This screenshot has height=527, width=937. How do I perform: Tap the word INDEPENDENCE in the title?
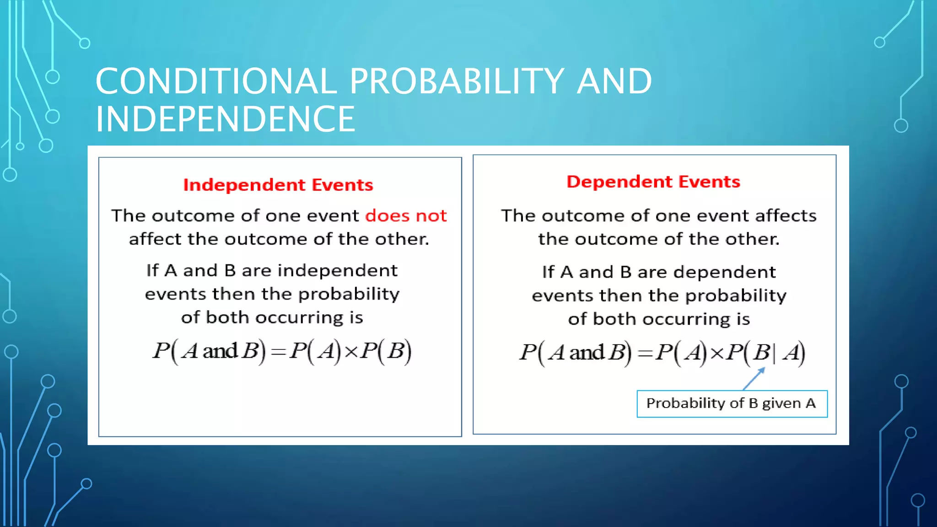click(x=225, y=119)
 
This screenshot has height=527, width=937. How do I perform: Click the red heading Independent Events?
click(x=278, y=185)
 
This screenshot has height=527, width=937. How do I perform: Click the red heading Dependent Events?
click(x=653, y=182)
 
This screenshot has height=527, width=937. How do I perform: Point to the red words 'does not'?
click(x=405, y=215)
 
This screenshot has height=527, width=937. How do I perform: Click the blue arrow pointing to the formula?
click(x=754, y=379)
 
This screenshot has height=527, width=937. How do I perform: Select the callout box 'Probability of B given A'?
click(x=732, y=403)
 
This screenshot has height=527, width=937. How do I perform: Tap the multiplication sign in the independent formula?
click(x=350, y=351)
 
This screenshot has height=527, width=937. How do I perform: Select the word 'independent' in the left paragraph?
click(x=338, y=270)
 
